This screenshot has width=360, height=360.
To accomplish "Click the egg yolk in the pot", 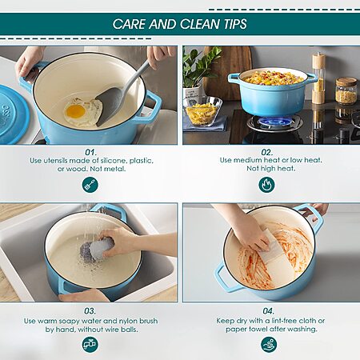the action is (x=75, y=112).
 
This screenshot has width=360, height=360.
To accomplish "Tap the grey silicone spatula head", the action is (x=109, y=106).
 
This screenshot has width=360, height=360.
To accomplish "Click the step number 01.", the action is (x=90, y=152).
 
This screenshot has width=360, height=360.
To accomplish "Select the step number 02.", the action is (x=267, y=152).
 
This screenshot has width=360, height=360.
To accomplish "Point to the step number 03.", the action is (x=90, y=311).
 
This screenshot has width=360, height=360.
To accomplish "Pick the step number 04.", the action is (x=268, y=311).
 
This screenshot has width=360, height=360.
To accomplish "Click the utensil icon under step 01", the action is (x=90, y=185).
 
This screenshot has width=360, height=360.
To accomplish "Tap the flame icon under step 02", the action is (x=266, y=184).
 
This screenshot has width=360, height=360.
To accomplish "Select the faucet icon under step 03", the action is (x=90, y=344).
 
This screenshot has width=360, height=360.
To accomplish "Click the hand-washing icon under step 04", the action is (x=269, y=344).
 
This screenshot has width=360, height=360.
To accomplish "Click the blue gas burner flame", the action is (x=275, y=122).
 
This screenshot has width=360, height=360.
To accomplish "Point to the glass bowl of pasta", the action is (x=202, y=111).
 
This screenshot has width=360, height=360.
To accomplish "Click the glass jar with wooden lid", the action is (x=346, y=90).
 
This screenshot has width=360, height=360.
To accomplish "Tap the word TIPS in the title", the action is (x=235, y=24).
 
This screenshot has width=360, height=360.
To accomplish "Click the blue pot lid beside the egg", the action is (x=13, y=114).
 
